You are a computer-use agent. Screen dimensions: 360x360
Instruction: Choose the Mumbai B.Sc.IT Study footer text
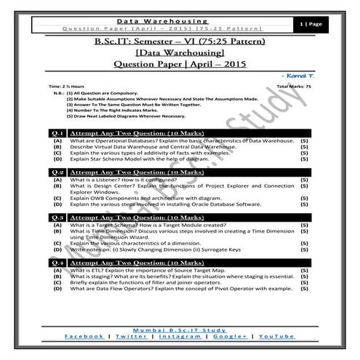(178, 329)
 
